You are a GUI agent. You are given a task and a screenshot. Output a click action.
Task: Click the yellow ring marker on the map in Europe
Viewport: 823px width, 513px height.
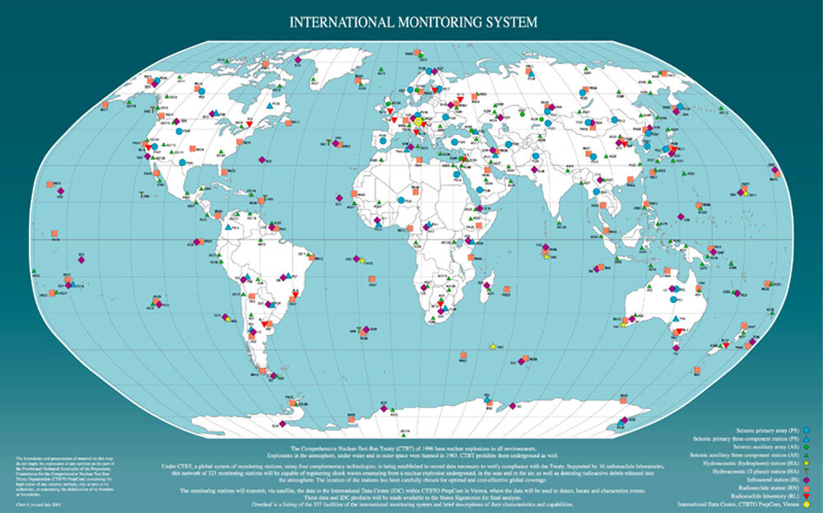click(417, 122)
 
